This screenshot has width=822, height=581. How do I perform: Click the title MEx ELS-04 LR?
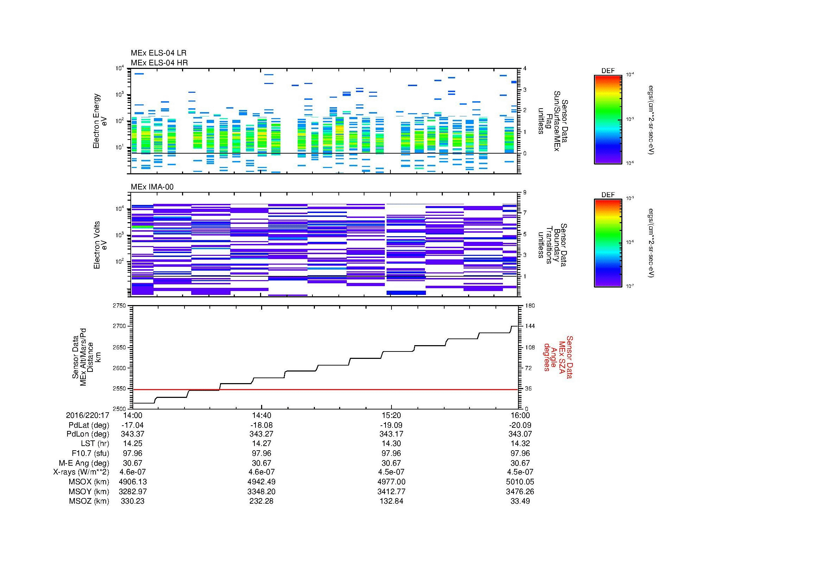coord(158,53)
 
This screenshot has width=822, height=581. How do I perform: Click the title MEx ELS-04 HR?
coord(159,63)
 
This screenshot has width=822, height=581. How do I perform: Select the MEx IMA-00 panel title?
coord(152,187)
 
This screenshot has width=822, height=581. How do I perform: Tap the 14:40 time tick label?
coord(261,415)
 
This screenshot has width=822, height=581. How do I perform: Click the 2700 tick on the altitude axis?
coord(119,326)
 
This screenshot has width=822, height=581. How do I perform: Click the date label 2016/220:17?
coord(88,415)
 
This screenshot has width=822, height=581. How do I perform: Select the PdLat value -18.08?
coord(261,425)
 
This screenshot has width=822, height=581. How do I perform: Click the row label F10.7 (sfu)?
coord(90,453)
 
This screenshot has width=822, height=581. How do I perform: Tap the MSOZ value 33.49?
coord(520,501)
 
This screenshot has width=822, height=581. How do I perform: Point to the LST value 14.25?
coord(132,444)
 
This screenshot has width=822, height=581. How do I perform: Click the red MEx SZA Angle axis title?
coord(558,357)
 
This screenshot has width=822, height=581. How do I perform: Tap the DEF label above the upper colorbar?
coord(608,71)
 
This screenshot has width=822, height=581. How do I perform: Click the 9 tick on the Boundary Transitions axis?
coord(525,193)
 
